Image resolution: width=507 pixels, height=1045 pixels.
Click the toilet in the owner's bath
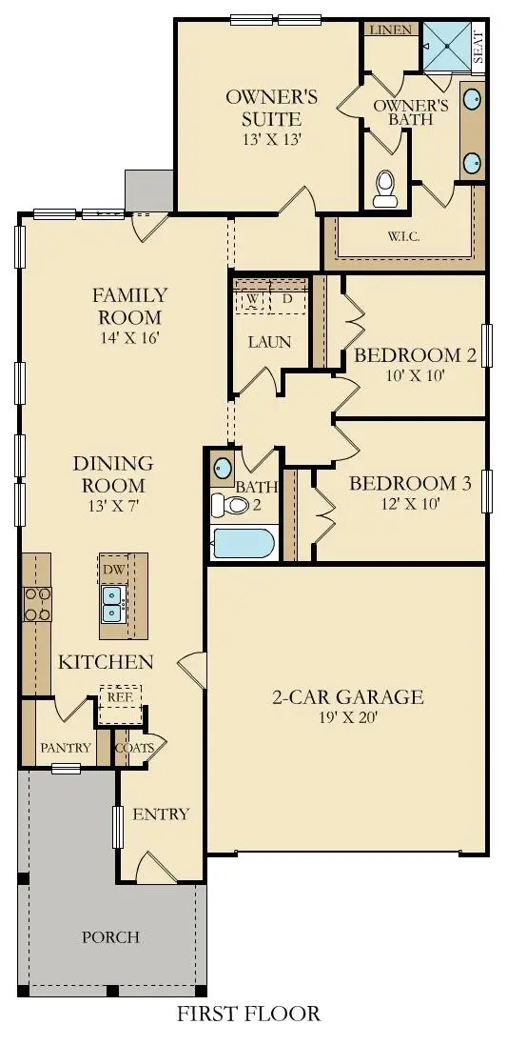point(385,189)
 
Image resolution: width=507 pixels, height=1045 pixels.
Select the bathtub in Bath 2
point(244,544)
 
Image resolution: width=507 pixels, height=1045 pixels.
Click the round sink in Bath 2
point(222,469)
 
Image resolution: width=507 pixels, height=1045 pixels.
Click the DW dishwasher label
point(112,569)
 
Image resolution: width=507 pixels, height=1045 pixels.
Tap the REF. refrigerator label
point(118,696)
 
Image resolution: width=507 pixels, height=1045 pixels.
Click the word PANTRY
point(66,748)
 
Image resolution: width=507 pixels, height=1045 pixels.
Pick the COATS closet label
point(134,748)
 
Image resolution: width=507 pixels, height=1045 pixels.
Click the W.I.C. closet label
point(404,236)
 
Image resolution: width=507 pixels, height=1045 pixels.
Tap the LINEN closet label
point(391,30)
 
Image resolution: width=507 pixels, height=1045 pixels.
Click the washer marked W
point(253,298)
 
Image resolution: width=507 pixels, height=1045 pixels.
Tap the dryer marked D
point(288,298)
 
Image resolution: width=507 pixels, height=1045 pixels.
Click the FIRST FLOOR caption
point(248,1014)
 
